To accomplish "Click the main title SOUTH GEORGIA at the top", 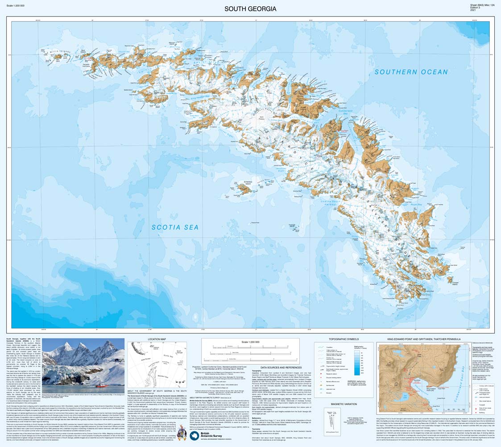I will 250,9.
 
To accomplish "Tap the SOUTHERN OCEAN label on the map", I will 411,72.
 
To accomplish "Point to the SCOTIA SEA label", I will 175,227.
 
